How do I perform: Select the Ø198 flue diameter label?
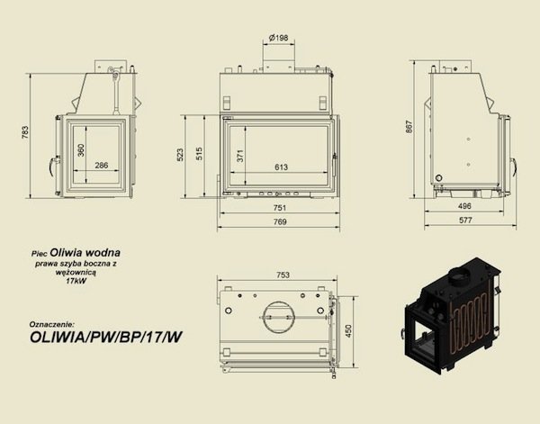279,37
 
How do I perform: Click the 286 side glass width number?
101,166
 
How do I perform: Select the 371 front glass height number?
239,156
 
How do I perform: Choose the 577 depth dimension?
466,220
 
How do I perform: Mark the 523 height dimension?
180,156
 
